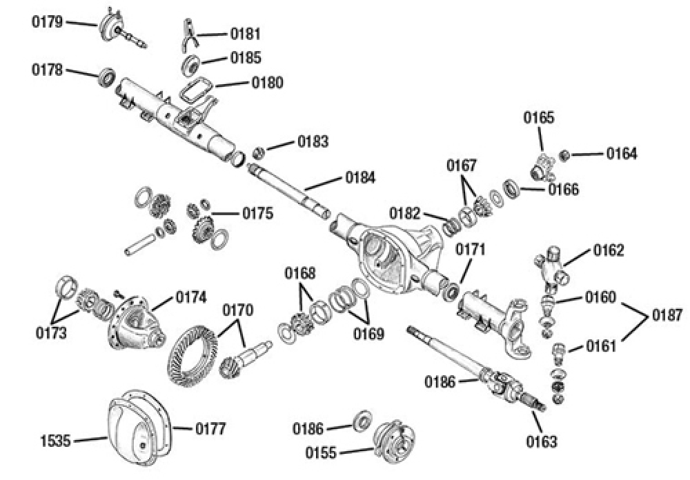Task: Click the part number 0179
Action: click(x=48, y=22)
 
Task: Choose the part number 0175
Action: click(x=257, y=213)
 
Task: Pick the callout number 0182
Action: click(x=404, y=212)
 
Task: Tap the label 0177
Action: click(x=210, y=430)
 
